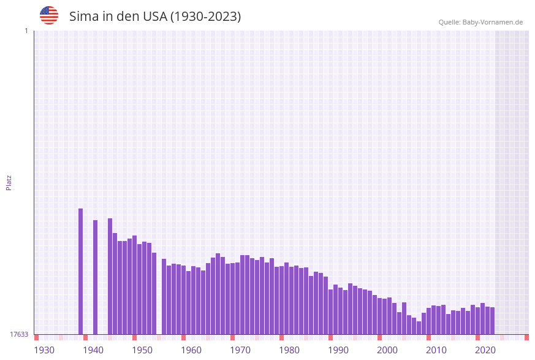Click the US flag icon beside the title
click(x=49, y=15)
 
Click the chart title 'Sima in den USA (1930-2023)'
click(x=155, y=17)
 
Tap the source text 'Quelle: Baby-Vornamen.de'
click(x=480, y=22)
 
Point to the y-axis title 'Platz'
click(x=9, y=182)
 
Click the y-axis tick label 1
click(x=26, y=31)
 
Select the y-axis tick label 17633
click(x=19, y=334)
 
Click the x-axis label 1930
click(x=44, y=350)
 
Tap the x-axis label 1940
click(x=93, y=350)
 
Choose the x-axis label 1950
click(x=142, y=350)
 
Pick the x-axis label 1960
click(x=191, y=350)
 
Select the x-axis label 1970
click(x=240, y=350)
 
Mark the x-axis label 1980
click(x=289, y=350)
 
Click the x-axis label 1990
click(x=338, y=350)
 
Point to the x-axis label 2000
click(x=387, y=350)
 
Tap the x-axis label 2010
click(x=436, y=350)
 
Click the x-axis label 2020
click(x=485, y=350)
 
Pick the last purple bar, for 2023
click(x=493, y=321)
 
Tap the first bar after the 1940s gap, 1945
click(x=110, y=276)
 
